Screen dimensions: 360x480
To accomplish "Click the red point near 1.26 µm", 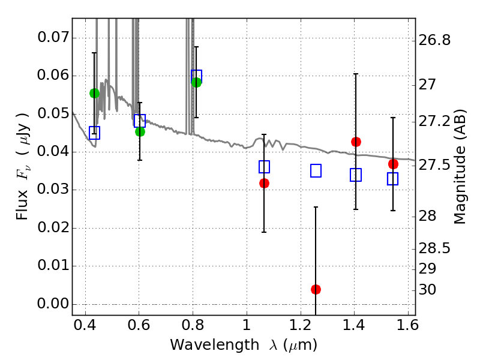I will (316, 289).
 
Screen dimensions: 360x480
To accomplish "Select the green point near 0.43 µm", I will (94, 93).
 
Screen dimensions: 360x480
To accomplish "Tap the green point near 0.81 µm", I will (196, 82).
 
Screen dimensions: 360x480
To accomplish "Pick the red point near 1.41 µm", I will (356, 142).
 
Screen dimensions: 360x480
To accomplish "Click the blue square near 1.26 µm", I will (316, 170).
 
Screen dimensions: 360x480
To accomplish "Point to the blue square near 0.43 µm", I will (94, 133).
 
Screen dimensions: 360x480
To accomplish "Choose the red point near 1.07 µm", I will (264, 183).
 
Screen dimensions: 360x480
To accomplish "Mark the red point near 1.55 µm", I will (393, 164).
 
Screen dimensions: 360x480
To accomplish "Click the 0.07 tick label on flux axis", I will (52, 38).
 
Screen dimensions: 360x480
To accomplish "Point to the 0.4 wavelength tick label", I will (85, 327).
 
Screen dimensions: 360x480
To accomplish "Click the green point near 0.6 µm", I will (140, 131).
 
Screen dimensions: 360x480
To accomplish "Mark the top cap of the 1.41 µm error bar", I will (356, 74).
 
